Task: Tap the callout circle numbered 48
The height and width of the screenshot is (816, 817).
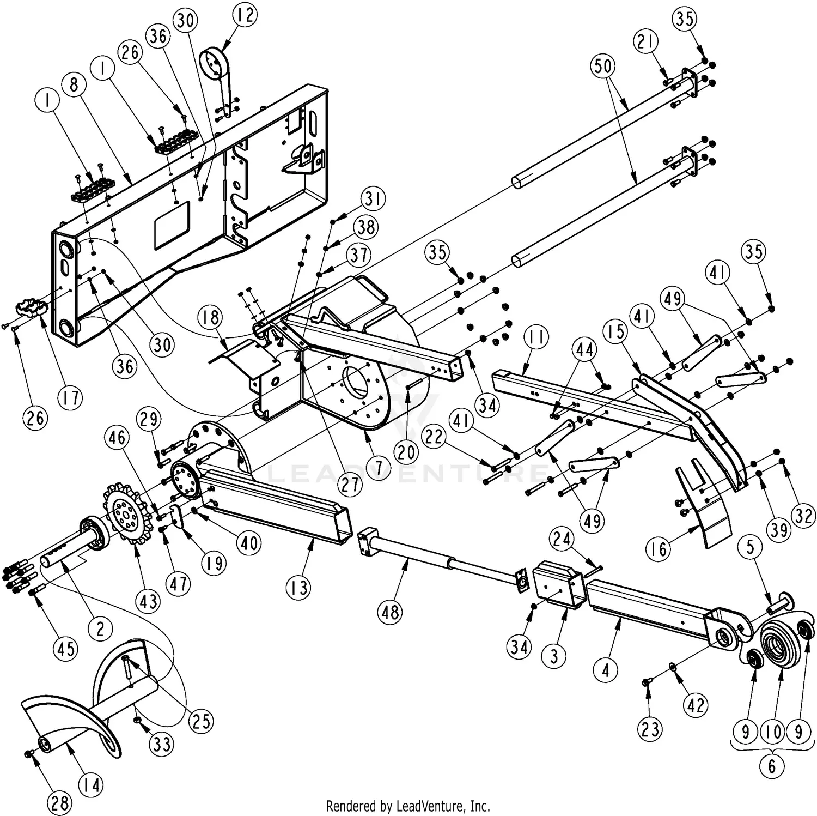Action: [390, 612]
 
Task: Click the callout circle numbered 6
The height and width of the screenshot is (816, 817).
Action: [772, 766]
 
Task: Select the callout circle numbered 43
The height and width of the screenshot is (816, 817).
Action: [149, 601]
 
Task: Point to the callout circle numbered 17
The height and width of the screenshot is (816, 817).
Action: [70, 398]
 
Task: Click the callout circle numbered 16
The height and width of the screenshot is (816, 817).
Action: [659, 549]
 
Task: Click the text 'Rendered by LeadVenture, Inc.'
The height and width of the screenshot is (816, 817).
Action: [408, 806]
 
